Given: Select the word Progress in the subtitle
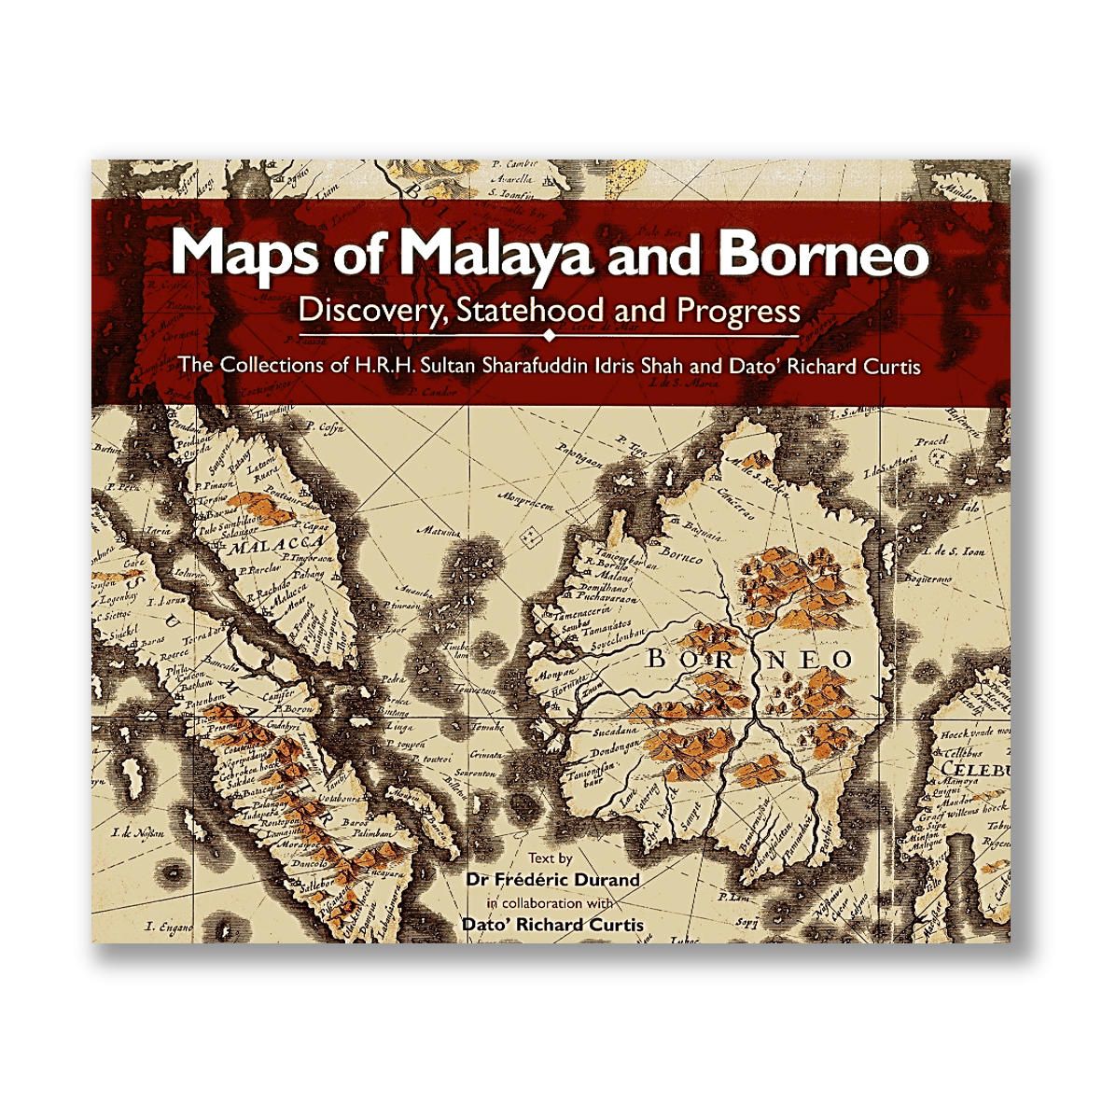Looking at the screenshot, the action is tap(739, 310).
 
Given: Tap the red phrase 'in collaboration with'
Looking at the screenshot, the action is tap(550, 903).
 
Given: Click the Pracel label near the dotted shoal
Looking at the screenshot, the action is tap(930, 440).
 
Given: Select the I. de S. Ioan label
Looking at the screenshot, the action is tap(953, 551).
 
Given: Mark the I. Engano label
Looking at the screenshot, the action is tap(169, 927).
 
